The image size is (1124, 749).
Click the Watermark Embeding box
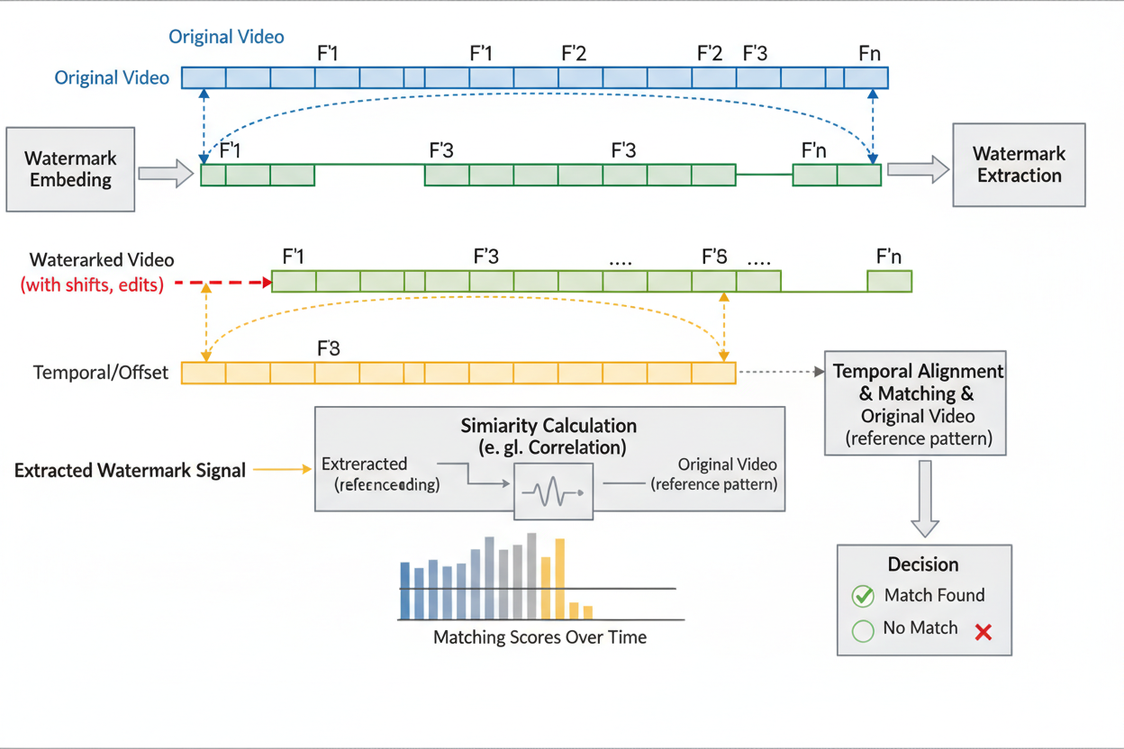70,169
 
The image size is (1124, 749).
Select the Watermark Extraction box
1019,166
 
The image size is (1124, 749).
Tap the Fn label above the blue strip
869,54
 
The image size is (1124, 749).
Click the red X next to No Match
983,632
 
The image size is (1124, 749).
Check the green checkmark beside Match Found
863,596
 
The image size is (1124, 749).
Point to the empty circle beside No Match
863,630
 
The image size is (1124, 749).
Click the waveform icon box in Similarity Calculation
553,492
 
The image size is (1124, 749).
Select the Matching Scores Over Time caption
539,637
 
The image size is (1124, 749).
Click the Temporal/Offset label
101,373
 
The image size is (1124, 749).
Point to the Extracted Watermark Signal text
130,470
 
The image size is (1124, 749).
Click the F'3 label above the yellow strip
329,348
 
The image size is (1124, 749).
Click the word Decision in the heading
923,564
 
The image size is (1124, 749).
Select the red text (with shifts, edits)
92,285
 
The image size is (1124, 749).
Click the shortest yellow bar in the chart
588,612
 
